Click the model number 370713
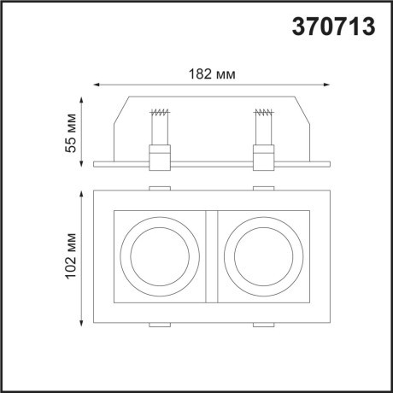coord(333,26)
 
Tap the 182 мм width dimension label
coord(210,73)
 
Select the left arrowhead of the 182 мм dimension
coord(97,85)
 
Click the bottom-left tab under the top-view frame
coord(159,326)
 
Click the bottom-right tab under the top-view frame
coord(263,326)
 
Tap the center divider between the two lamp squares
coord(211,256)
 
